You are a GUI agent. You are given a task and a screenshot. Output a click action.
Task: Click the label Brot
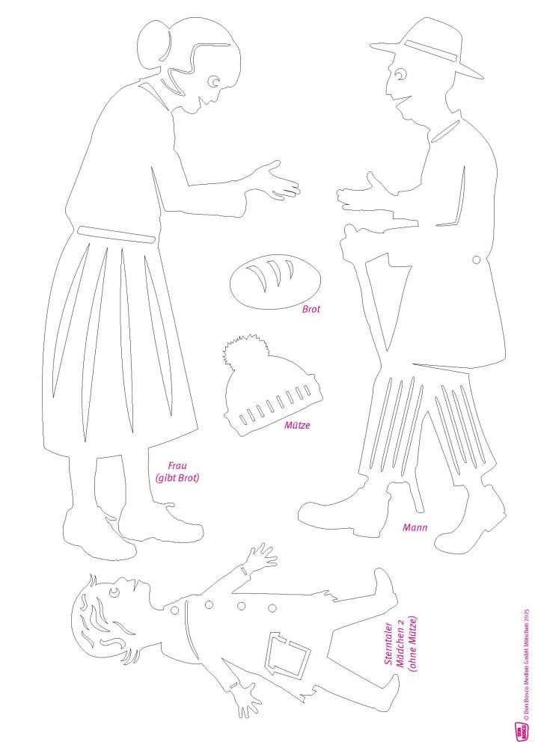coord(311,309)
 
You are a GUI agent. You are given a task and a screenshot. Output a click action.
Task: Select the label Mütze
coord(297,425)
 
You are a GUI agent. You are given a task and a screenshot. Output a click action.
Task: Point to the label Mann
coord(415,527)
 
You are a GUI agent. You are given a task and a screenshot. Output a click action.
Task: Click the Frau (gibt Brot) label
coord(177,471)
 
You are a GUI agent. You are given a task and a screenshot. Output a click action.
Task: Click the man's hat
coord(427,48)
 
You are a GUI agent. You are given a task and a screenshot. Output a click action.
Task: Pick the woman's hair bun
coord(153,41)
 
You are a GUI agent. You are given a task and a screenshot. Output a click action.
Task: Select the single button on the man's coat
coord(477,260)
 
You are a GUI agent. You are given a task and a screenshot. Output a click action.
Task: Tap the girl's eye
coord(114,592)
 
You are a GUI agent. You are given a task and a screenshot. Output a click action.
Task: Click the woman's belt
coord(117,235)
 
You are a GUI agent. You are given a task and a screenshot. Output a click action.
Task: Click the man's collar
coord(444,131)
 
